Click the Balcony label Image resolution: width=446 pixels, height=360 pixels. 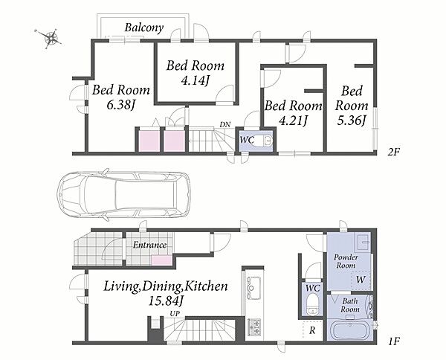(144, 28)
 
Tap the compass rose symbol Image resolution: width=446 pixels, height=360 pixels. (50, 37)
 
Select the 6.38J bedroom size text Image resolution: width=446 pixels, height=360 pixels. (120, 106)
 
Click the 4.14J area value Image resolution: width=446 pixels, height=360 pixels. (195, 80)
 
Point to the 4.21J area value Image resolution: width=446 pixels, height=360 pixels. (293, 121)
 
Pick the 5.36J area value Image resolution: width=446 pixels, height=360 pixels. (352, 120)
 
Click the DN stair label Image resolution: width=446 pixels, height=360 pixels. (225, 124)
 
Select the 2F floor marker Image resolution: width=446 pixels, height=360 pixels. (394, 152)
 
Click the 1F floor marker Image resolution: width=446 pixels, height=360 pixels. (394, 341)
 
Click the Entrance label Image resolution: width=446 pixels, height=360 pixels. (149, 245)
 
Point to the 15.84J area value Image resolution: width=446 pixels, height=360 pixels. (166, 300)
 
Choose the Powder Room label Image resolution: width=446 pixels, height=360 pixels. (346, 261)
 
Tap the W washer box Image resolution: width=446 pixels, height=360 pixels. (361, 280)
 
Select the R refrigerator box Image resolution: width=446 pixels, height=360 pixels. (313, 330)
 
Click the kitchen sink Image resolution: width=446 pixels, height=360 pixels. (254, 288)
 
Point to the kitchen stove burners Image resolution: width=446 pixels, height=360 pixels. (254, 327)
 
